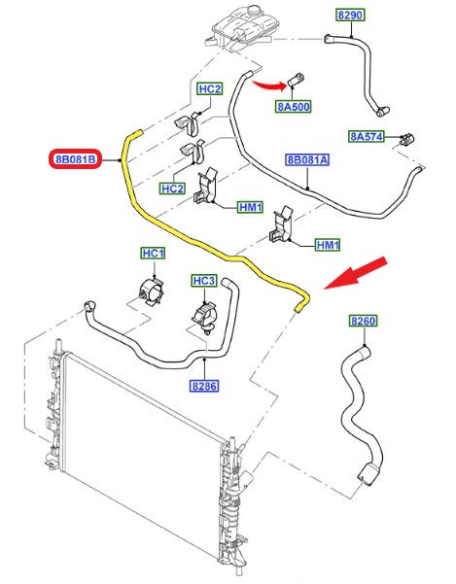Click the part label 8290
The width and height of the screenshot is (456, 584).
pyautogui.click(x=350, y=15)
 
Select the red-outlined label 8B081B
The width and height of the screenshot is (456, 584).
pyautogui.click(x=75, y=159)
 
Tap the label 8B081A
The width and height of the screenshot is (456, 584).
pyautogui.click(x=307, y=159)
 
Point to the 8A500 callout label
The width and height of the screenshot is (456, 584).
pyautogui.click(x=294, y=107)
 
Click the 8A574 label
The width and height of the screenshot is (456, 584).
pyautogui.click(x=367, y=136)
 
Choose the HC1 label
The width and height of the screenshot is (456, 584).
pyautogui.click(x=153, y=254)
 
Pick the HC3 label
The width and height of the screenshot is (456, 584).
pyautogui.click(x=204, y=281)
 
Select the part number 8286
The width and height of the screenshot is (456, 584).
pyautogui.click(x=204, y=386)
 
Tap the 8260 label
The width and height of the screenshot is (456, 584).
pyautogui.click(x=364, y=321)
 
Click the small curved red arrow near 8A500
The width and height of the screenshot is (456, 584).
pyautogui.click(x=269, y=86)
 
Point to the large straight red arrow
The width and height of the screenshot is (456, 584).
pyautogui.click(x=356, y=273)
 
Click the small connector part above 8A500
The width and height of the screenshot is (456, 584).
pyautogui.click(x=297, y=80)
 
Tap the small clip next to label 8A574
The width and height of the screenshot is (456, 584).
pyautogui.click(x=406, y=139)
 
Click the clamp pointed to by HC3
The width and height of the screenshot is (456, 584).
pyautogui.click(x=205, y=317)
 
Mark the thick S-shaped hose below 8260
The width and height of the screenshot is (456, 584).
pyautogui.click(x=361, y=415)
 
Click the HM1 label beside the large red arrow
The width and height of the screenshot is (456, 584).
pyautogui.click(x=328, y=245)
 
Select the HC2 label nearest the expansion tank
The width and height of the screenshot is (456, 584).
pyautogui.click(x=210, y=89)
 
